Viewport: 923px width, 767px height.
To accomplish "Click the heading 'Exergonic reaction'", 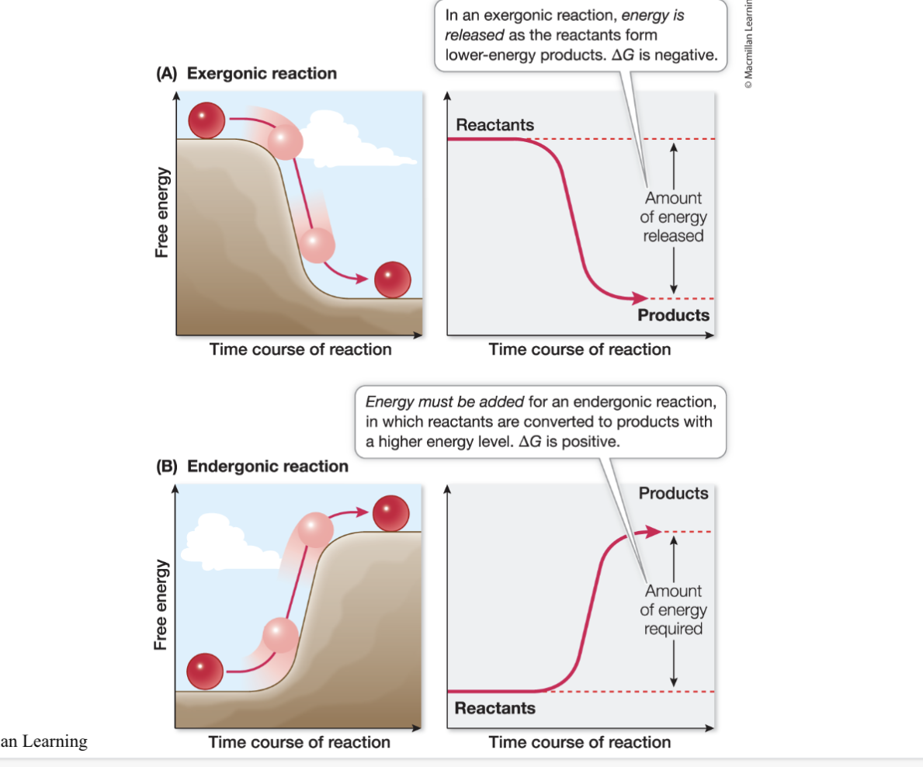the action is click(262, 74).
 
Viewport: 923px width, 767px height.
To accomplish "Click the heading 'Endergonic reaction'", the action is click(268, 467).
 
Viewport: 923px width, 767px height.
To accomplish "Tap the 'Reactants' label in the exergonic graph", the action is click(495, 125).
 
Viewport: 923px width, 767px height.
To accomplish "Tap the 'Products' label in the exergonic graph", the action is click(673, 315).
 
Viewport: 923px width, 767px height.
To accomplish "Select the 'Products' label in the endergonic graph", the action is click(673, 493).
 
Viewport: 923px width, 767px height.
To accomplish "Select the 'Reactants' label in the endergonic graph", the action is click(495, 707).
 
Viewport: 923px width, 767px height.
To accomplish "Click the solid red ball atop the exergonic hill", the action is click(206, 120).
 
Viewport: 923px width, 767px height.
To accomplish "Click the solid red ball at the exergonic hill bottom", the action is click(393, 279).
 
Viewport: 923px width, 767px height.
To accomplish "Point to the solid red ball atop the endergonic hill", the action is click(391, 513).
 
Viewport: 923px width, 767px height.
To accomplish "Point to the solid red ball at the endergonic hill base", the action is click(205, 671).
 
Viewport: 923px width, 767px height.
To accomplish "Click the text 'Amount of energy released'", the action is click(673, 217).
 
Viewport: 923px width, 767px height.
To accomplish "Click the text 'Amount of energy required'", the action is click(673, 610).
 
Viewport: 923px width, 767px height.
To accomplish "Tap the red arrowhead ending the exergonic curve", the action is click(640, 298).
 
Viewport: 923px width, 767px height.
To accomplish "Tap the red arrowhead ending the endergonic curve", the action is click(654, 532).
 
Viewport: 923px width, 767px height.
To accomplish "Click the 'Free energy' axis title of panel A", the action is click(162, 213).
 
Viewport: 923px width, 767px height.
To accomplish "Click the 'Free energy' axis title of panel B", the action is click(161, 605).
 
